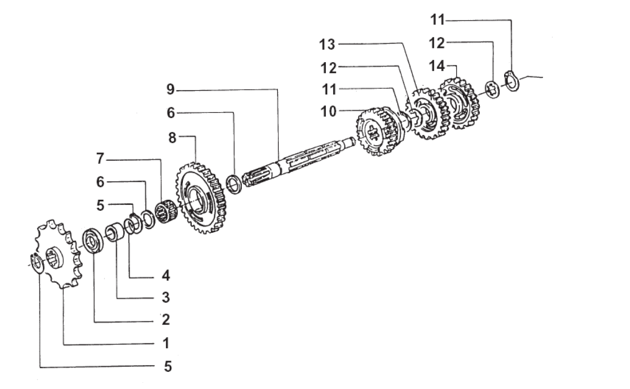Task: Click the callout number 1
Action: pyautogui.click(x=166, y=343)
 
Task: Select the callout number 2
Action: pyautogui.click(x=166, y=320)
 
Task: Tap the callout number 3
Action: pyautogui.click(x=166, y=297)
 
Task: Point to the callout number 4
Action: pyautogui.click(x=166, y=276)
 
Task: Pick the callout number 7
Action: pyautogui.click(x=100, y=159)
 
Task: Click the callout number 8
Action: pyautogui.click(x=172, y=138)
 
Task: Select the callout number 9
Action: pyautogui.click(x=171, y=89)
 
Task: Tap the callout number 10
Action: pyautogui.click(x=328, y=111)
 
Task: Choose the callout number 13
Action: pyautogui.click(x=327, y=45)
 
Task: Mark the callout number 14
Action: pyautogui.click(x=437, y=66)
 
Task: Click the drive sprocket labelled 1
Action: pyautogui.click(x=58, y=254)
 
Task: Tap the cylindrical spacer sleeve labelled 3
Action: pyautogui.click(x=115, y=232)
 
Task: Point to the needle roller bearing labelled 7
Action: pyautogui.click(x=166, y=211)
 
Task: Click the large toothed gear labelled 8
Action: pyautogui.click(x=201, y=198)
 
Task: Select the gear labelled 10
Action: pyautogui.click(x=380, y=131)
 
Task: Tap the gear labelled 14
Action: pyautogui.click(x=459, y=103)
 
